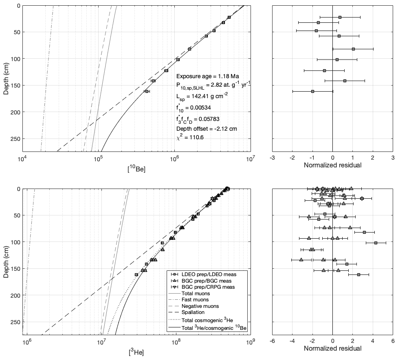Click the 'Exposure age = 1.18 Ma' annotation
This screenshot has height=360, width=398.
[207, 76]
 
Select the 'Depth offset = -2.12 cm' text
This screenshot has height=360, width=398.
[207, 129]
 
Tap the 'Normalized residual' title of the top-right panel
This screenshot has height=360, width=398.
[332, 166]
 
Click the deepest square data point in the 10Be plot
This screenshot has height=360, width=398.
[147, 91]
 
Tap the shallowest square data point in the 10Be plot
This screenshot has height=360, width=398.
[229, 17]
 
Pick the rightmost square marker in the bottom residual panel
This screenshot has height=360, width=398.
[376, 243]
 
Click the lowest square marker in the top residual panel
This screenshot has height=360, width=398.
[312, 91]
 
